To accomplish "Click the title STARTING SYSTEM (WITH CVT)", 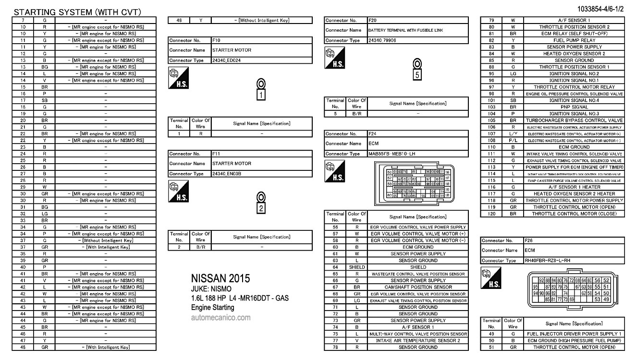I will click(77, 12).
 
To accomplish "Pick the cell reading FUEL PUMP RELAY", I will click(574, 40).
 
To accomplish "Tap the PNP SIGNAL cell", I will click(574, 107).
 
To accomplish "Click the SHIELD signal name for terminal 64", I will click(417, 267).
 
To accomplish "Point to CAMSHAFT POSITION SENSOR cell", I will click(417, 287).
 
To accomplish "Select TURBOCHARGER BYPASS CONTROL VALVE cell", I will click(574, 120).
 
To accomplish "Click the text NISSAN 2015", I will click(220, 279).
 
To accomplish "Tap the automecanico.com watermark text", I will click(220, 318).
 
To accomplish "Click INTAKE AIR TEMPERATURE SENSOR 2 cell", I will click(417, 340).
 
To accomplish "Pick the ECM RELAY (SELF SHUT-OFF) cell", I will click(574, 34).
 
